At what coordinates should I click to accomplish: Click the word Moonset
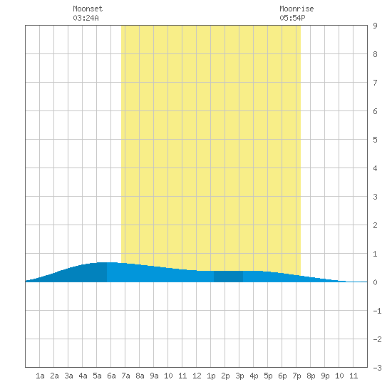(x=88, y=9)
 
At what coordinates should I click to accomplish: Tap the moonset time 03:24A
(x=86, y=18)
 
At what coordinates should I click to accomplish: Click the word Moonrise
(x=296, y=9)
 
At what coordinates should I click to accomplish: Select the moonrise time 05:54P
(x=292, y=18)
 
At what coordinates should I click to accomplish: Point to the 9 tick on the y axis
(x=375, y=26)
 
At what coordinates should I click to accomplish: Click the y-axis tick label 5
(x=375, y=140)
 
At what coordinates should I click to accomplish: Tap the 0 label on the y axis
(x=375, y=282)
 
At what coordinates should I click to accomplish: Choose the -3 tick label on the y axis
(x=377, y=368)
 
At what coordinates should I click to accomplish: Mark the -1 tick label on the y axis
(x=377, y=311)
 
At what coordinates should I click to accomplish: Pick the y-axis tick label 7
(x=375, y=83)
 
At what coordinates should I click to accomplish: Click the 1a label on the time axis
(x=40, y=376)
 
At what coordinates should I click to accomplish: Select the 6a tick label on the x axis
(x=111, y=376)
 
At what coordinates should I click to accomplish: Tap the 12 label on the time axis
(x=197, y=376)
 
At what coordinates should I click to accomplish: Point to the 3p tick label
(x=239, y=376)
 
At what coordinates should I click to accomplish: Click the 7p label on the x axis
(x=296, y=376)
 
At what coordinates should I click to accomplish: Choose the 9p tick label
(x=325, y=376)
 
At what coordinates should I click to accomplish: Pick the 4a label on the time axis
(x=83, y=376)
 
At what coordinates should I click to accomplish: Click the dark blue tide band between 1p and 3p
(x=228, y=277)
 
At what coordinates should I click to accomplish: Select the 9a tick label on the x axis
(x=154, y=376)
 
